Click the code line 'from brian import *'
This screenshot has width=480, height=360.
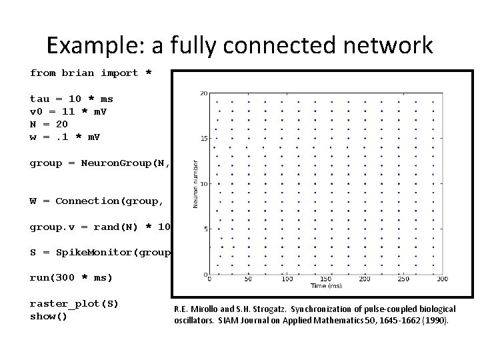click(x=91, y=73)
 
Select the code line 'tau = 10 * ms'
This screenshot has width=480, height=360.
click(x=71, y=99)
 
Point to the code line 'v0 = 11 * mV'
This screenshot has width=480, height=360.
click(x=68, y=111)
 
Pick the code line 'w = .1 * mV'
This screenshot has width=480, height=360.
click(x=65, y=137)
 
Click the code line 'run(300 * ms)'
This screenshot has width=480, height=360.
click(x=71, y=277)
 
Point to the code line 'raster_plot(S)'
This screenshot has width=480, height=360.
click(x=74, y=303)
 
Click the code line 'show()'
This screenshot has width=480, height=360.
click(x=49, y=316)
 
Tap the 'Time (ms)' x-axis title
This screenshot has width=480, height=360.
click(x=326, y=286)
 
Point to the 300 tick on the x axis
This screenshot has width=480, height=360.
click(x=442, y=279)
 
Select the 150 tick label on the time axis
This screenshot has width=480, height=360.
click(x=326, y=279)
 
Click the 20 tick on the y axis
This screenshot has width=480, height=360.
click(x=203, y=93)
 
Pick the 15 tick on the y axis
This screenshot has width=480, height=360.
click(x=203, y=139)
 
